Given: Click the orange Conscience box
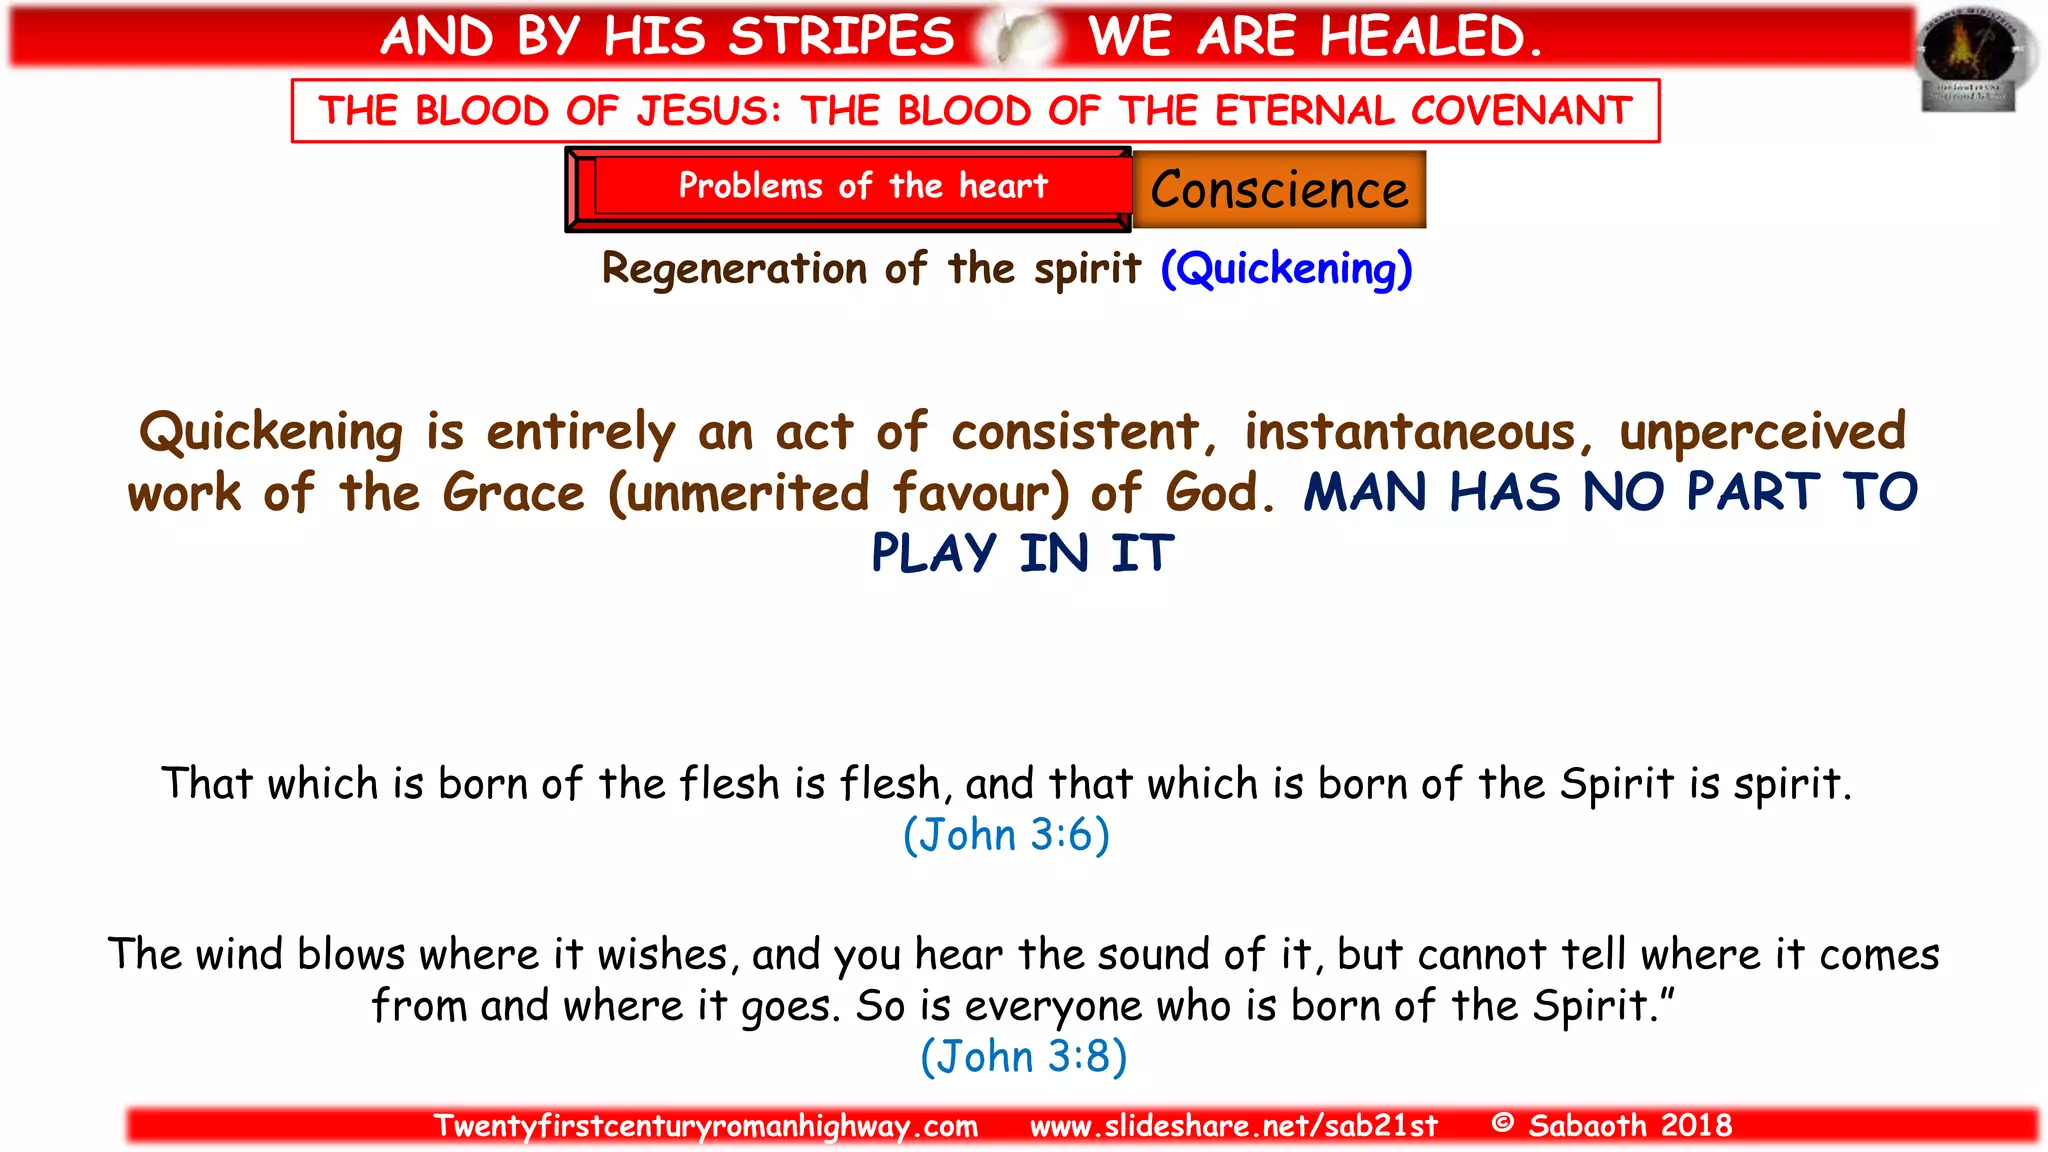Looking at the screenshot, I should (x=1279, y=190).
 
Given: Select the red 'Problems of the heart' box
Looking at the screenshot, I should (x=849, y=188).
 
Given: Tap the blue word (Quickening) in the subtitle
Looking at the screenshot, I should (x=1286, y=269).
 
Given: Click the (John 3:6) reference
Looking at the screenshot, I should (x=1006, y=835).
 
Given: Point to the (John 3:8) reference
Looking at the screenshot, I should (x=1023, y=1057).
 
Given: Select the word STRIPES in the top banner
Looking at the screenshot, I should (x=840, y=37).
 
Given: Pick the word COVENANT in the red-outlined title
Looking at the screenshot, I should (x=1521, y=111).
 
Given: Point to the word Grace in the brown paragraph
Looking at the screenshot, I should (x=513, y=493).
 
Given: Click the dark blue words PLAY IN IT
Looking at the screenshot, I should (x=1022, y=553).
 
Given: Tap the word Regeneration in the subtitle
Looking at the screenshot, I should (x=734, y=269).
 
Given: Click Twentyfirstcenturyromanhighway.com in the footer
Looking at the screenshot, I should (x=705, y=1126).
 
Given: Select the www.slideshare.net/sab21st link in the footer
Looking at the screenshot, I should (x=1233, y=1126).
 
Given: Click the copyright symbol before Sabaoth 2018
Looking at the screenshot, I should (x=1501, y=1123).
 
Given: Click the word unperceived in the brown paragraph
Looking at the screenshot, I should (x=1762, y=433).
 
